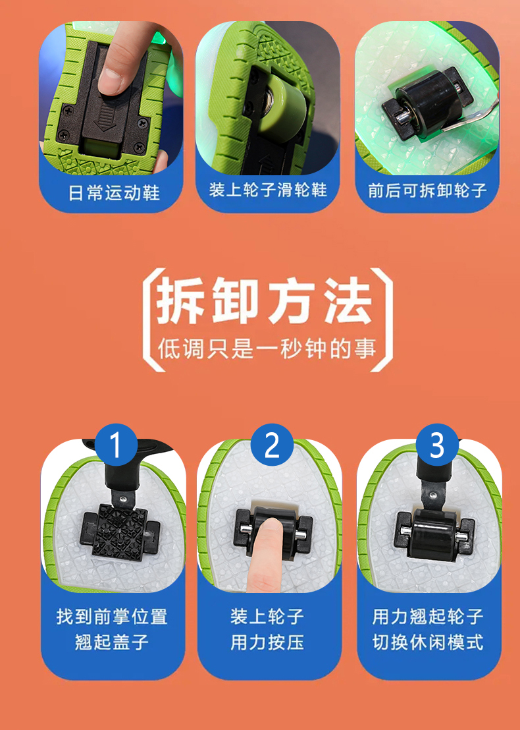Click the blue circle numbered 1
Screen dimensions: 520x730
click(117, 445)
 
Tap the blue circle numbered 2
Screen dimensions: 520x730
click(272, 445)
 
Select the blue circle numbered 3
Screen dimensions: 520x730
click(437, 445)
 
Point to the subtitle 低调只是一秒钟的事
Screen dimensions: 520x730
click(267, 348)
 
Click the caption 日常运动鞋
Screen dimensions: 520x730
click(114, 192)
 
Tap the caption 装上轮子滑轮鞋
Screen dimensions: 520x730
click(268, 190)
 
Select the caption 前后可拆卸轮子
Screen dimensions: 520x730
click(427, 190)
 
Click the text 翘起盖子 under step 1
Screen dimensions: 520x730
click(112, 642)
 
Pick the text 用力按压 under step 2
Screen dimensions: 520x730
click(267, 642)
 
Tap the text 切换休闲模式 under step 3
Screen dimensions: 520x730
click(428, 642)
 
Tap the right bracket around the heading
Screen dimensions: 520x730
click(381, 320)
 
